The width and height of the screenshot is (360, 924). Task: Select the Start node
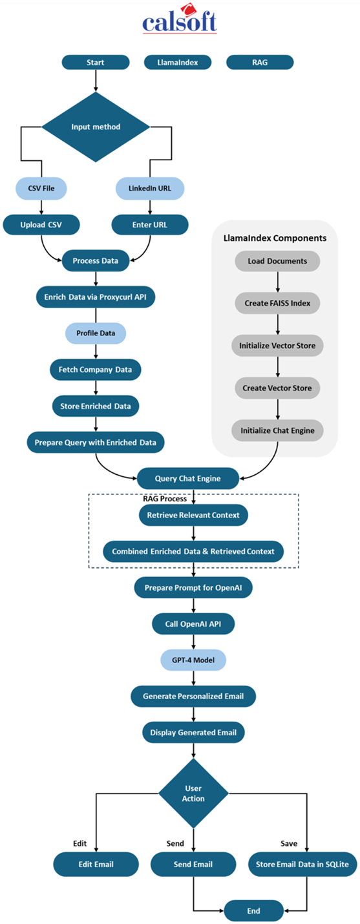95,62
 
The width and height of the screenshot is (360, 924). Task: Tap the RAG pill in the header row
260,62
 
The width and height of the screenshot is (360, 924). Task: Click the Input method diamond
96,127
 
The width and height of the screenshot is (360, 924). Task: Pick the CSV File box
41,188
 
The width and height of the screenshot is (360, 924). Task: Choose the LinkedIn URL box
150,188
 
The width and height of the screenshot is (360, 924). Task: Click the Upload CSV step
41,225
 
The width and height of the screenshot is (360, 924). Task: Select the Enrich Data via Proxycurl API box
95,297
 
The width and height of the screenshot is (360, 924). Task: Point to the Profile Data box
96,333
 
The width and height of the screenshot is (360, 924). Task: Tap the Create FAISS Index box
277,303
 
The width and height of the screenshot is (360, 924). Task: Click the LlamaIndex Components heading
275,238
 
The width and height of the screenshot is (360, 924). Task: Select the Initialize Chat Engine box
277,430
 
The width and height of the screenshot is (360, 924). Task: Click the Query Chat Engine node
187,479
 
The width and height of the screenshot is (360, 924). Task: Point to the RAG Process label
165,499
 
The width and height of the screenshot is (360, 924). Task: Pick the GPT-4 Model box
193,660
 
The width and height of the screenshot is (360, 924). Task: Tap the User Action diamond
193,793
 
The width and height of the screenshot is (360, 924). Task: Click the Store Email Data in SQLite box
302,864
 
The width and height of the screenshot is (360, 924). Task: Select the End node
253,911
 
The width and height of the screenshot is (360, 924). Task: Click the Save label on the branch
289,844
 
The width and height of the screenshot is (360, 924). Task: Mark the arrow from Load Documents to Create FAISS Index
277,282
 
